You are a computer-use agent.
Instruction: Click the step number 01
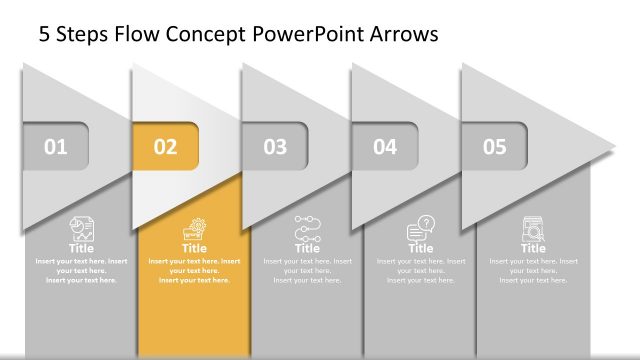point(56,148)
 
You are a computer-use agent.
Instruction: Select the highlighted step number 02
point(165,148)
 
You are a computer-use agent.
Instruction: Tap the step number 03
point(275,148)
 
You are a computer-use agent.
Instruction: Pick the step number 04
point(385,148)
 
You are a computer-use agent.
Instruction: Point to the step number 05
point(495,148)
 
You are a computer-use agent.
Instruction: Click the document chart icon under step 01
point(82,228)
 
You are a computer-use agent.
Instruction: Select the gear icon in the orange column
point(194,228)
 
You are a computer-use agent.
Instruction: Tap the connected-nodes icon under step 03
point(307,229)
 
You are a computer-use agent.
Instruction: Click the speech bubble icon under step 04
point(421,229)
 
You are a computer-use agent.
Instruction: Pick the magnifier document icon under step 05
point(533,229)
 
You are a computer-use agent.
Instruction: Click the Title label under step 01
point(82,248)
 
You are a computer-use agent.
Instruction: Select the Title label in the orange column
point(194,248)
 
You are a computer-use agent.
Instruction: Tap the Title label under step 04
point(421,248)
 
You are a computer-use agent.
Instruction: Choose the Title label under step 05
point(533,248)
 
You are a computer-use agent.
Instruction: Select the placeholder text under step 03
point(307,270)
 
